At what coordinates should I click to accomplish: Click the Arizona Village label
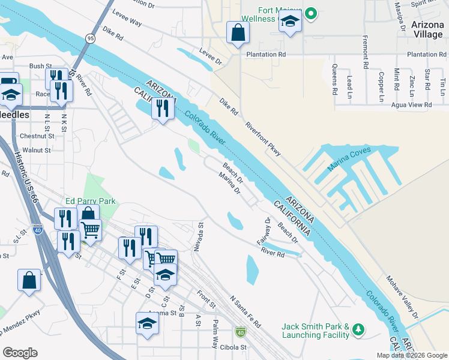click(x=428, y=29)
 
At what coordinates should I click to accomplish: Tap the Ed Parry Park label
click(x=91, y=202)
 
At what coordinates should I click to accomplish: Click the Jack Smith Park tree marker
click(x=358, y=329)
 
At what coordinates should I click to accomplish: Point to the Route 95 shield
click(x=90, y=38)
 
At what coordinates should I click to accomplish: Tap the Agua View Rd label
click(x=411, y=104)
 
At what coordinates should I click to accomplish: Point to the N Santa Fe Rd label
click(x=245, y=311)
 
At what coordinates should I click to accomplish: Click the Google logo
click(x=20, y=352)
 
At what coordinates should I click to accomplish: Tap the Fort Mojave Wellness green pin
click(x=310, y=13)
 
